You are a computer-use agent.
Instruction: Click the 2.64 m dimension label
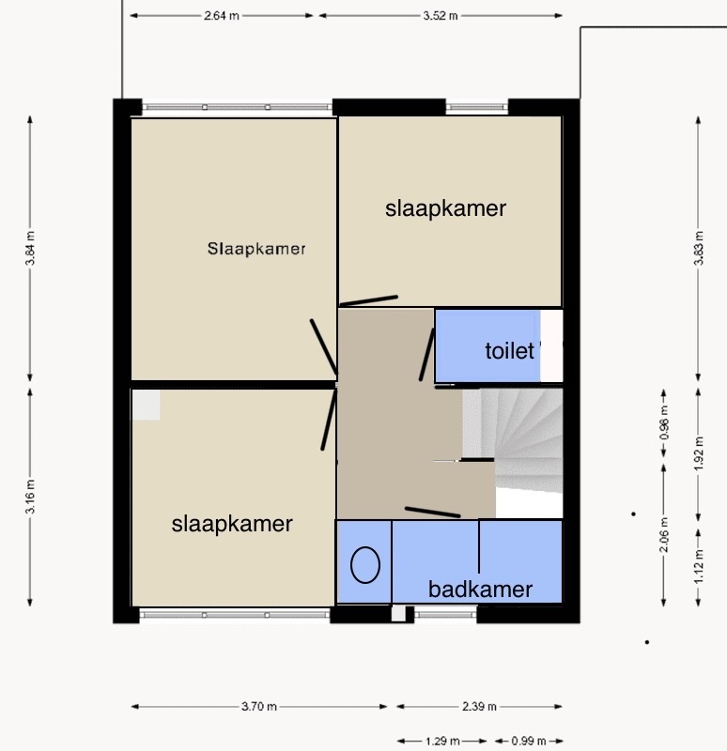pos(222,16)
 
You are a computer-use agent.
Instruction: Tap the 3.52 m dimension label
pos(440,16)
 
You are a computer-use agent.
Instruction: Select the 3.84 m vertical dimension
pos(30,248)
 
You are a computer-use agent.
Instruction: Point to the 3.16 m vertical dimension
pos(30,497)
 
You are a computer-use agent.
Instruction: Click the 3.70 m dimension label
pos(259,707)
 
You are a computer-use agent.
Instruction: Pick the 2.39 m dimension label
pos(479,707)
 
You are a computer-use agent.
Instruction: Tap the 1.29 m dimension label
pos(442,742)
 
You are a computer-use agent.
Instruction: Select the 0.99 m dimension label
pos(528,742)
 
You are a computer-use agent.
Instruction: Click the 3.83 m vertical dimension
pos(699,248)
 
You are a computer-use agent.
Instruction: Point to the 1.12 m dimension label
pos(699,566)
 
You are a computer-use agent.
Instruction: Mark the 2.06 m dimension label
pos(664,535)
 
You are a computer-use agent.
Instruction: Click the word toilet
pos(509,350)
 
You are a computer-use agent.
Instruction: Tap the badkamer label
pos(480,590)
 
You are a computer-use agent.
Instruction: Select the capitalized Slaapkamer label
pos(256,249)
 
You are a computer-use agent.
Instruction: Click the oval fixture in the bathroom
pos(365,565)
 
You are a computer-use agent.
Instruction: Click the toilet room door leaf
pos(427,355)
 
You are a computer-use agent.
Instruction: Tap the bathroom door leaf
pos(433,512)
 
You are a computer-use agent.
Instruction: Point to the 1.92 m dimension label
pos(699,453)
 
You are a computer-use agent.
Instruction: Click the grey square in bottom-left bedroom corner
pos(147,406)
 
